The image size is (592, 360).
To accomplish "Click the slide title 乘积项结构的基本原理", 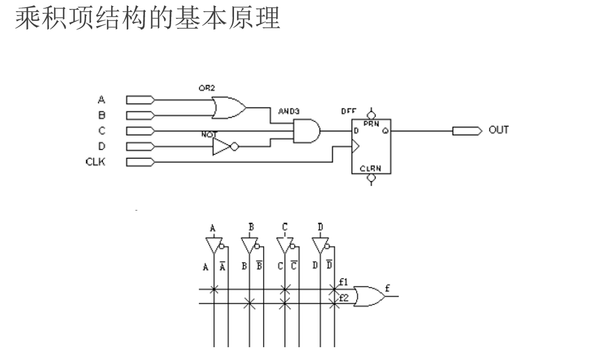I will pyautogui.click(x=147, y=18).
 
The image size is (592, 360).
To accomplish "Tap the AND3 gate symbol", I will pyautogui.click(x=306, y=131).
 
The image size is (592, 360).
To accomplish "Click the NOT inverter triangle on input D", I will pyautogui.click(x=222, y=147).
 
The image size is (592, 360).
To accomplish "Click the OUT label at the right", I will pyautogui.click(x=499, y=131).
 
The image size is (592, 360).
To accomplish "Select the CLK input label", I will pyautogui.click(x=95, y=162).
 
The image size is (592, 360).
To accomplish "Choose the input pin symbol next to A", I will pyautogui.click(x=140, y=100).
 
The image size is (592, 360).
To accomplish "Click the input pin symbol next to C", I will pyautogui.click(x=140, y=131).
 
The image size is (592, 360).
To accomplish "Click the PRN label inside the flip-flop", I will pyautogui.click(x=371, y=124).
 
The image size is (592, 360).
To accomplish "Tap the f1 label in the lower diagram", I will pyautogui.click(x=344, y=281).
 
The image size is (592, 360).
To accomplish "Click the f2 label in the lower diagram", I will pyautogui.click(x=344, y=298).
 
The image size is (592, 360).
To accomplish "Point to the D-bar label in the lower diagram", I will pyautogui.click(x=329, y=265).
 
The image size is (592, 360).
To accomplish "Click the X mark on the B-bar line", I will pyautogui.click(x=250, y=304).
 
